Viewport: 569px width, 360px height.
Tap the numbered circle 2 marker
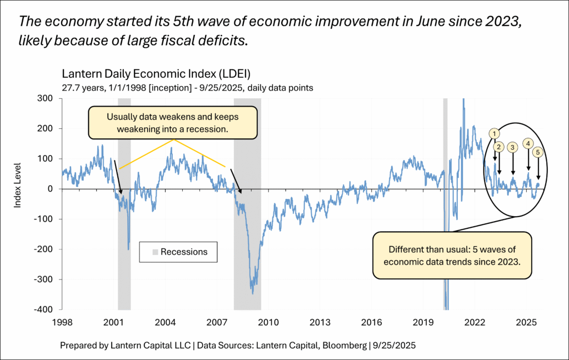coord(499,147)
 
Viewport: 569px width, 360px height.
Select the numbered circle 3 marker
coord(513,147)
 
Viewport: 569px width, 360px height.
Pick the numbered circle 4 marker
coord(528,143)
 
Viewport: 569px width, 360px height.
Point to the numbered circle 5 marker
coord(537,152)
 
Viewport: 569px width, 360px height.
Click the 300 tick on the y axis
coord(46,98)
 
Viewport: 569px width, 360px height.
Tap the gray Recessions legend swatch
coord(156,252)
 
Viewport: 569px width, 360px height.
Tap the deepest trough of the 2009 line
coord(253,293)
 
